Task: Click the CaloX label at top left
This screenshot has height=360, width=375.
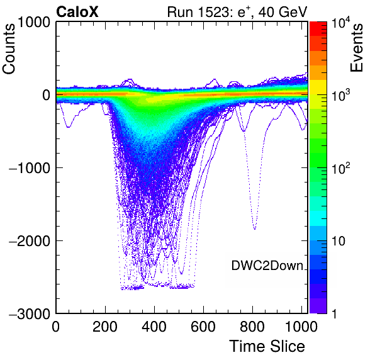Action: (77, 12)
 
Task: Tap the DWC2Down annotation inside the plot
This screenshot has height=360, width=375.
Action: (267, 266)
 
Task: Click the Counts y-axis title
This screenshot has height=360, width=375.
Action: (9, 49)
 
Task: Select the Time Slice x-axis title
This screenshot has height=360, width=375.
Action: (267, 346)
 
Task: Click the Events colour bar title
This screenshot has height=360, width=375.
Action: (356, 48)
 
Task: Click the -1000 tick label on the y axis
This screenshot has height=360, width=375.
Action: (30, 168)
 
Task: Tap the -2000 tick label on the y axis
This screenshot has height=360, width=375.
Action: (30, 241)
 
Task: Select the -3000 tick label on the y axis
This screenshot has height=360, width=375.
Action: (30, 314)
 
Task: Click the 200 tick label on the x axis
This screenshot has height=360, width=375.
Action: (105, 326)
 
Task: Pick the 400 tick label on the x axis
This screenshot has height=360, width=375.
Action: (154, 326)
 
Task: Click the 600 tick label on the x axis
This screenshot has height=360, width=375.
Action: (203, 326)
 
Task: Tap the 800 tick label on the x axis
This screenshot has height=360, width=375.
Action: (252, 326)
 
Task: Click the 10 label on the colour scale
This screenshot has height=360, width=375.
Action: (339, 241)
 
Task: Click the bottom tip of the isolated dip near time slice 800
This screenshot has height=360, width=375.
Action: (255, 229)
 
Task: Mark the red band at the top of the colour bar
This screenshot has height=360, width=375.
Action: (318, 29)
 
